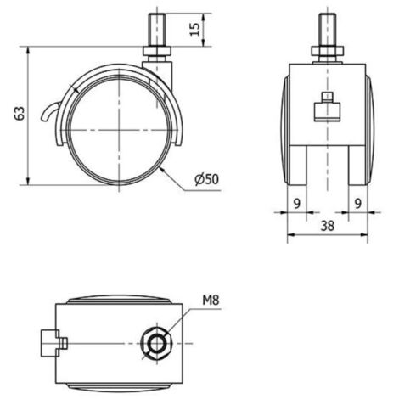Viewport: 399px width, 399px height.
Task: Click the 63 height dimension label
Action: (x=20, y=114)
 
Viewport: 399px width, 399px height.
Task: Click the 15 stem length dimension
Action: (x=194, y=30)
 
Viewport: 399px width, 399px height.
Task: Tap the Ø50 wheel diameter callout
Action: (x=207, y=179)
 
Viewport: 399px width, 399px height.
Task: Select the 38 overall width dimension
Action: (x=328, y=226)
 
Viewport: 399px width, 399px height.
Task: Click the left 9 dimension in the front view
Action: (x=296, y=203)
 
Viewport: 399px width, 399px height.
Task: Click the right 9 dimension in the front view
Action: (x=358, y=203)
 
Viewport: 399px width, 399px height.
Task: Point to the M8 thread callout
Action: (x=211, y=301)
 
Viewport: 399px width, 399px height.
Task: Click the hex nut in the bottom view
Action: (x=156, y=344)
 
